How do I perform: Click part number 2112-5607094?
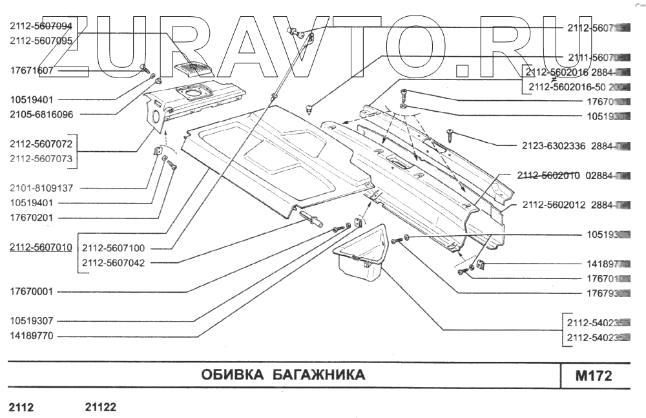point(40,26)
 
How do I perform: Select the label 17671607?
point(31,70)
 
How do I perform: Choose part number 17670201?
point(31,218)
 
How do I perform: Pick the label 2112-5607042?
point(113,262)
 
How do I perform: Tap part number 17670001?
point(31,291)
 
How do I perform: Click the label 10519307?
point(31,320)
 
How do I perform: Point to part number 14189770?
point(31,336)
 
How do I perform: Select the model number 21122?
point(100,408)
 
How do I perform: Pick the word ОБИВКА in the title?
point(231,375)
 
